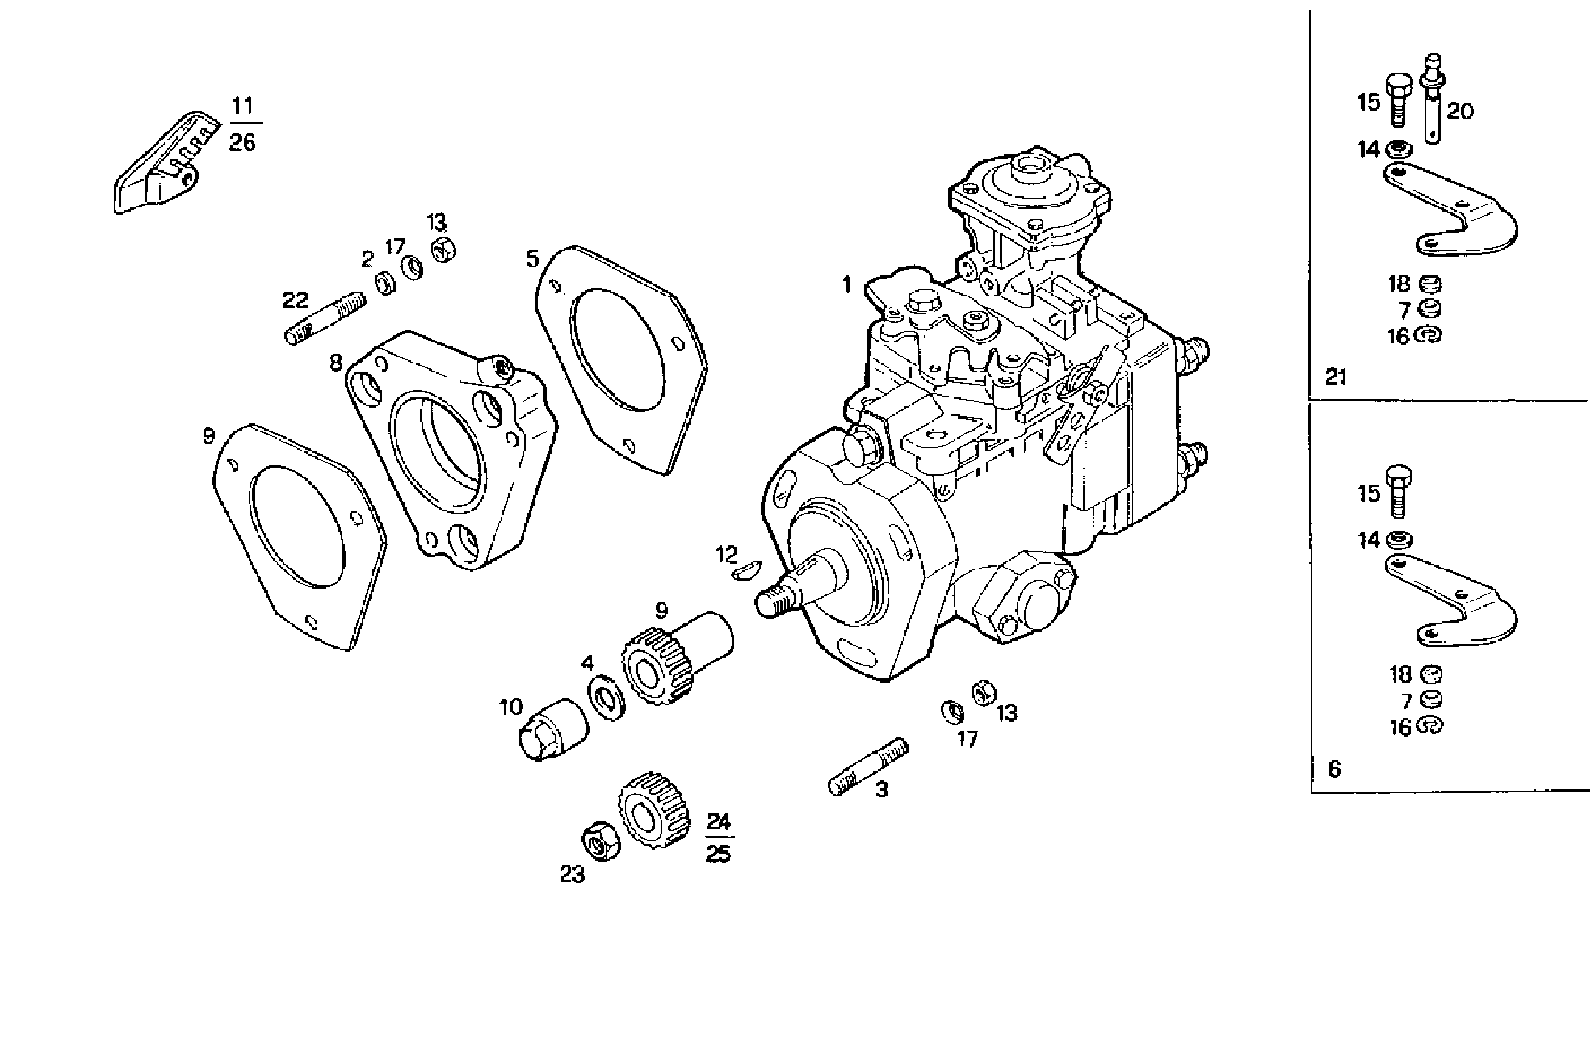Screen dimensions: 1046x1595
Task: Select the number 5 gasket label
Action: [532, 258]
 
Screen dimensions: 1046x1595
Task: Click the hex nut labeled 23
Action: [597, 841]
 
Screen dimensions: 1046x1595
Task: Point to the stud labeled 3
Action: [868, 767]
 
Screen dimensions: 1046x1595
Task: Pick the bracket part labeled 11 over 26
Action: [160, 167]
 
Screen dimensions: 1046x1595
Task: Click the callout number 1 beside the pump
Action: [847, 285]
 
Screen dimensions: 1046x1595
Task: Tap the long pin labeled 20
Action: [1435, 99]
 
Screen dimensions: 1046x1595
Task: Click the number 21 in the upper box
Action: [1336, 376]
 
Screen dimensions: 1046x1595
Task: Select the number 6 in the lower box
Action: [1335, 769]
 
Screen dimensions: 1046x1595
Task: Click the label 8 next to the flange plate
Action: [336, 363]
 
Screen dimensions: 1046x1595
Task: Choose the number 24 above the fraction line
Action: [718, 820]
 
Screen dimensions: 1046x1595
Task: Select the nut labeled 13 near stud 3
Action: [981, 692]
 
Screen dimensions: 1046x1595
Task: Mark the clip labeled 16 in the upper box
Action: [1429, 336]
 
